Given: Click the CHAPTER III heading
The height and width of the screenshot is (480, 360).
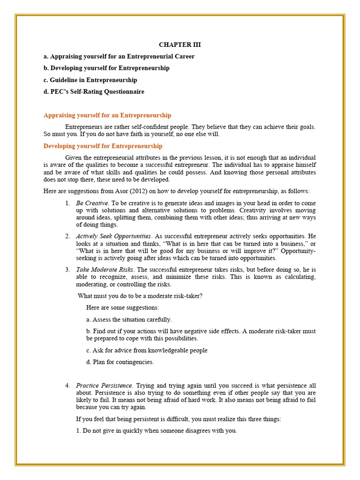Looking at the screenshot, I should (180, 45).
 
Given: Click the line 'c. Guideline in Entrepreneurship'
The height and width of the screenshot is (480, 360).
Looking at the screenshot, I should (90, 80).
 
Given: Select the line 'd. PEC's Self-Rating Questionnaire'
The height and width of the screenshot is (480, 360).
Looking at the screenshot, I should (94, 92).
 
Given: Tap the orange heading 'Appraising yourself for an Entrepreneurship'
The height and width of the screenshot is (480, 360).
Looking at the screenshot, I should (107, 115).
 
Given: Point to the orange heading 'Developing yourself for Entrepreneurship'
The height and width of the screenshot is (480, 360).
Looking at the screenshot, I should (103, 146).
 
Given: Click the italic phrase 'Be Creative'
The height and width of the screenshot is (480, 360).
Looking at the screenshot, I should (92, 203).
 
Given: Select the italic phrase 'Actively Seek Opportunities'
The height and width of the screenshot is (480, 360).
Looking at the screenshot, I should (113, 236).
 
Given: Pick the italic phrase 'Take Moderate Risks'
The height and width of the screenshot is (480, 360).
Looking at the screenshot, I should (105, 270).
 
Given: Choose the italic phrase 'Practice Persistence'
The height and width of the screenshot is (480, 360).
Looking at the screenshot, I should (105, 385).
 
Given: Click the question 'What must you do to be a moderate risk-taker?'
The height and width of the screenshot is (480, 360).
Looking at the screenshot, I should (140, 296).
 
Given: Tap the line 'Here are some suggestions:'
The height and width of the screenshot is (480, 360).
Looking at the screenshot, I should (123, 307).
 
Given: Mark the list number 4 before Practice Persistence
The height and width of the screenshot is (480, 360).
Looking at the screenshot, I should (67, 385).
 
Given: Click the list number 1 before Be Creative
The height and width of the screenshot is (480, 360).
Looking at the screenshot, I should (67, 203).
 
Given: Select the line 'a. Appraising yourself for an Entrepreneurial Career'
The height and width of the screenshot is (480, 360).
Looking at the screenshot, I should (119, 57).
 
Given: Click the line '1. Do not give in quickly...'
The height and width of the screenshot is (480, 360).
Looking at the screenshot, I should (157, 431).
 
